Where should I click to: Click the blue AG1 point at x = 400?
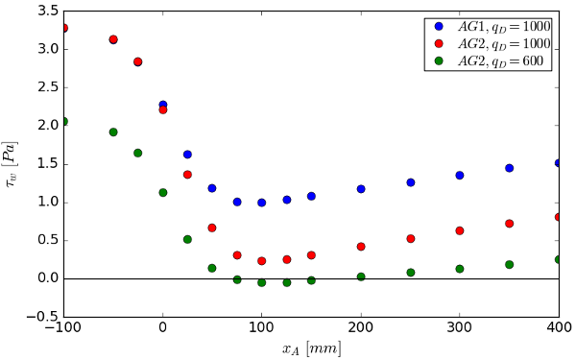[559, 163]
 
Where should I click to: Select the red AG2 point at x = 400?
[559, 217]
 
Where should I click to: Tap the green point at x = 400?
[559, 259]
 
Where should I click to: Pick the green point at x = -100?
[63, 121]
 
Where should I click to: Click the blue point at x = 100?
[261, 203]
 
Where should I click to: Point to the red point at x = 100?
[261, 261]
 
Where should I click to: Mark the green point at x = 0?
[162, 192]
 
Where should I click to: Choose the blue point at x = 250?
[410, 182]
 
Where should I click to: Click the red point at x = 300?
[460, 230]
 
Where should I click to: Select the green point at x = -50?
[113, 132]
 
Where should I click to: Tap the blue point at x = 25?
[187, 155]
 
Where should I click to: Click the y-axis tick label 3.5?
[46, 11]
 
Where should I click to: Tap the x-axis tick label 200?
[360, 329]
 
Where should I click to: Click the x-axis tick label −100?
[60, 329]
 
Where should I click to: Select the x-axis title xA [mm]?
[311, 348]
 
